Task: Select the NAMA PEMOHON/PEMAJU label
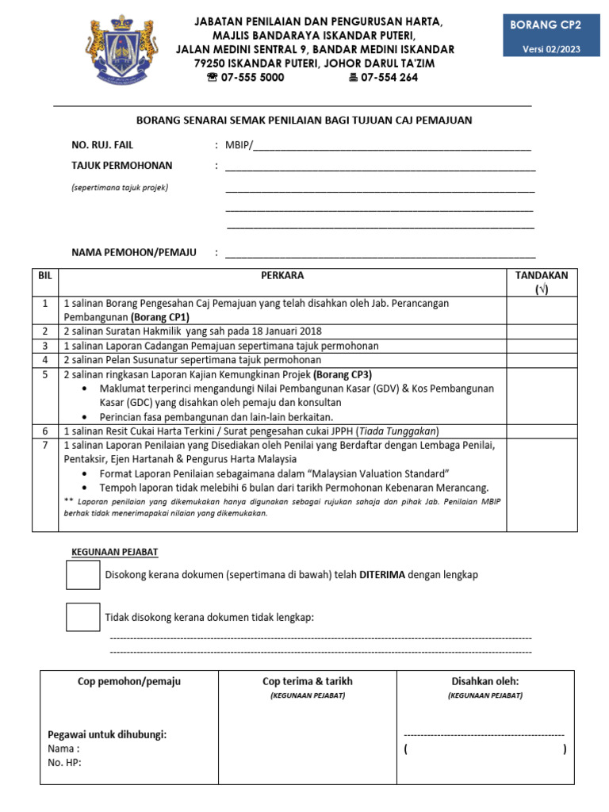click(134, 252)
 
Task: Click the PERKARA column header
click(282, 276)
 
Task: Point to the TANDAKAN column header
click(542, 282)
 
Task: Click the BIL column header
click(44, 276)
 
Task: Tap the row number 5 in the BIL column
click(45, 374)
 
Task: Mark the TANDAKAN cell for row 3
click(542, 346)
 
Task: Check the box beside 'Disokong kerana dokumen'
click(82, 575)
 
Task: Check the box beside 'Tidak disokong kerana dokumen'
click(82, 617)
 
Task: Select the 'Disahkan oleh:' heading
click(485, 681)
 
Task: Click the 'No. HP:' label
click(65, 763)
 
